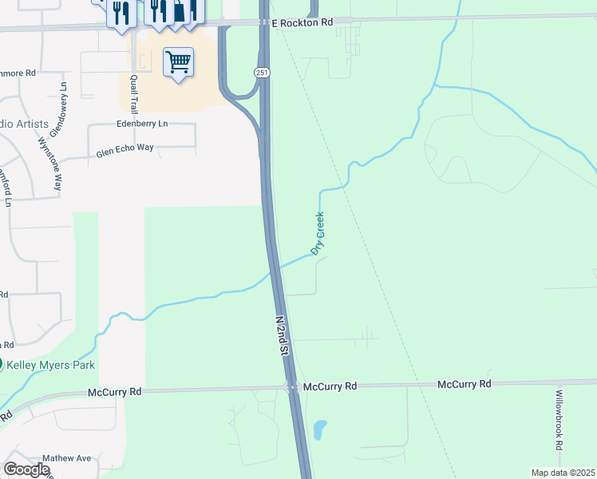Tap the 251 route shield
point(262,73)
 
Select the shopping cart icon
point(179,61)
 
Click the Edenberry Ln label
point(142,124)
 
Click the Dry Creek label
point(318,233)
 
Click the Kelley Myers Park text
point(52,365)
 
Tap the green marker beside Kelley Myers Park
point(2,364)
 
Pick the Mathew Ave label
point(66,459)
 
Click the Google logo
point(26,469)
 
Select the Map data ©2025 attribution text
point(563,473)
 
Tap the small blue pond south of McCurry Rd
point(320,430)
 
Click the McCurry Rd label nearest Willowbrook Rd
point(464,384)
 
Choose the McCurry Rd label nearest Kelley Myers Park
point(114,392)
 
